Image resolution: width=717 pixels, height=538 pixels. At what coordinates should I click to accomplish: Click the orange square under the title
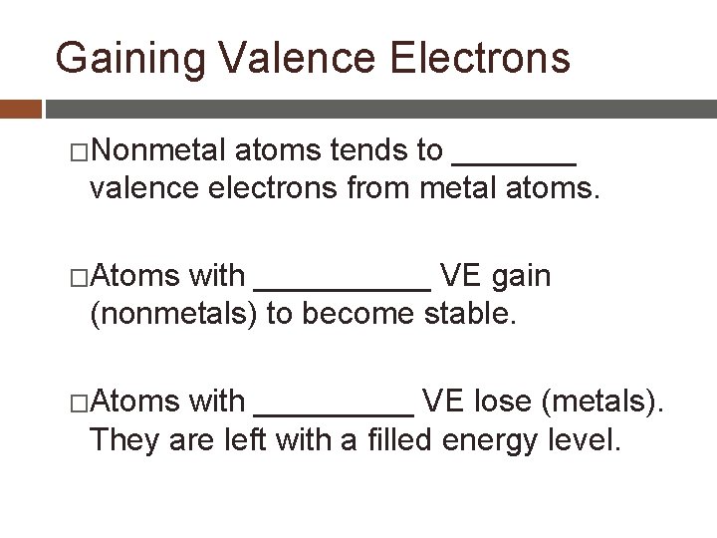point(20,107)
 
